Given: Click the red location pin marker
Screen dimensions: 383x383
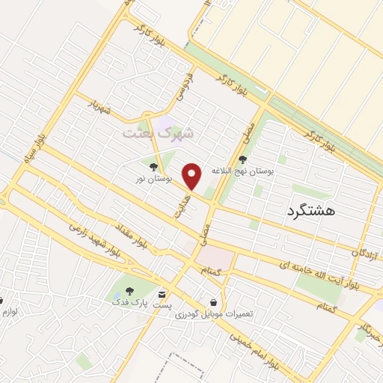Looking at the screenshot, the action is [x=193, y=176].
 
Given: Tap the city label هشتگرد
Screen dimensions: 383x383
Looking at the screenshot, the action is [x=310, y=212].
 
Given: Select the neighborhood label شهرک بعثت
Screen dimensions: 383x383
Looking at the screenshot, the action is [x=158, y=132].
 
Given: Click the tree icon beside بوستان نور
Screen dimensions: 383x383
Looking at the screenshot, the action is [x=153, y=167].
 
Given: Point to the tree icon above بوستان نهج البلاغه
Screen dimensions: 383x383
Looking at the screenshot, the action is [x=242, y=159].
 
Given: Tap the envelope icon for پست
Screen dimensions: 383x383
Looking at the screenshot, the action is [x=163, y=294].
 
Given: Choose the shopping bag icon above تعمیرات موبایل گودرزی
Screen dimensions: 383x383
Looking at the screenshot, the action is [x=215, y=302].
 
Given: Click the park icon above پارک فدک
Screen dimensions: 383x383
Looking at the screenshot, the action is [x=130, y=290].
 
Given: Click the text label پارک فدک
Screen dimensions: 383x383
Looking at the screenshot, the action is [x=126, y=302].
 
